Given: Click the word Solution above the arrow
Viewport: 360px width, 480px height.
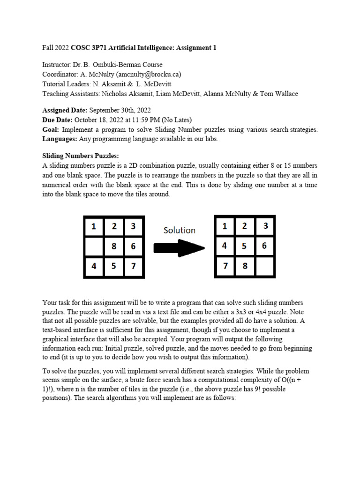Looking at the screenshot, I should pyautogui.click(x=179, y=230).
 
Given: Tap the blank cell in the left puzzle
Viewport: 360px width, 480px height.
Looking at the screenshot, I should pyautogui.click(x=94, y=246).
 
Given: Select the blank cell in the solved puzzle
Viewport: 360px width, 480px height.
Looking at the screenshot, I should pyautogui.click(x=265, y=266).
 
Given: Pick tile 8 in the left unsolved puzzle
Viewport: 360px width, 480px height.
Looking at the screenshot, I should pyautogui.click(x=113, y=246).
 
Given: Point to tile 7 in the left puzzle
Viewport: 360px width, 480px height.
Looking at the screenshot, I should pyautogui.click(x=134, y=266).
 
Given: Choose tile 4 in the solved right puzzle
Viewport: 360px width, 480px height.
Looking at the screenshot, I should pyautogui.click(x=225, y=246).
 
